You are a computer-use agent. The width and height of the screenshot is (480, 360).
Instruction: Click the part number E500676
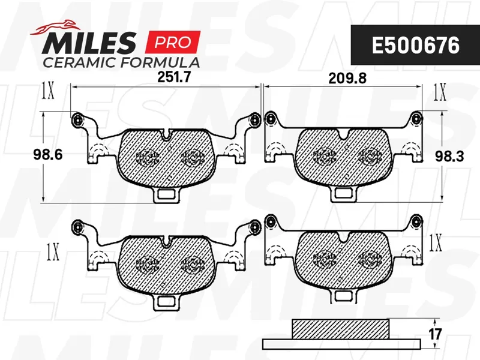415,46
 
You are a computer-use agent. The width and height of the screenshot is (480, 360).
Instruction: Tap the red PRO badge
173,42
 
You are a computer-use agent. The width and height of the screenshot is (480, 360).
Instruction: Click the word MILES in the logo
89,43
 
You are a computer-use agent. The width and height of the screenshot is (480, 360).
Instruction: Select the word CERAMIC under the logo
79,62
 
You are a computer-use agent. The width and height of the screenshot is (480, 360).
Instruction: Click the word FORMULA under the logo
160,62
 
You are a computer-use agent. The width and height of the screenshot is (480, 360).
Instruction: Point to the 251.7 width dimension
174,77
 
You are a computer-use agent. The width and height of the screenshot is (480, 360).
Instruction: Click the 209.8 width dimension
347,79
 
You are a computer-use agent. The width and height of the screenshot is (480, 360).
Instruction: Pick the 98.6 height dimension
48,155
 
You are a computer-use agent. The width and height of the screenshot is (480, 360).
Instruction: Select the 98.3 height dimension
449,157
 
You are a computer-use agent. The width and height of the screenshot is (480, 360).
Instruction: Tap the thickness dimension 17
435,334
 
